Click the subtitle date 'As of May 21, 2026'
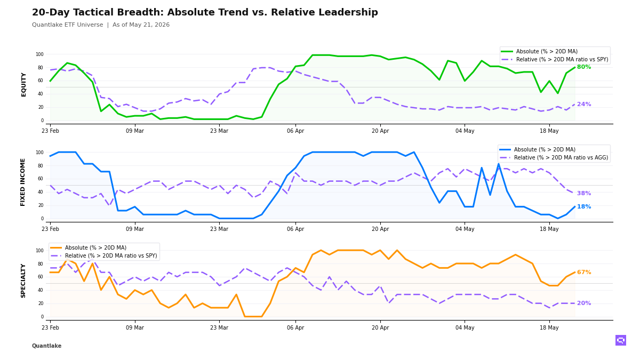click(141, 25)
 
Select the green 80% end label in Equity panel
click(584, 67)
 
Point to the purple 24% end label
click(584, 105)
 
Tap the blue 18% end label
click(584, 206)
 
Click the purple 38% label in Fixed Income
click(584, 193)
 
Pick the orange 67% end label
click(584, 273)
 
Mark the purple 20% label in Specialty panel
click(584, 303)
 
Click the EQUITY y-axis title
click(23, 85)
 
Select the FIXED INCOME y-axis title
click(22, 182)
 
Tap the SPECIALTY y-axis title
click(23, 281)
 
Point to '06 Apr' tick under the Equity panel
click(295, 131)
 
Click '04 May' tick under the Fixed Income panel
click(465, 229)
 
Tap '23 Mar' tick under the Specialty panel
click(219, 327)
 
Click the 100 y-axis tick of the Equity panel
click(39, 54)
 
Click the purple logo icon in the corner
click(621, 340)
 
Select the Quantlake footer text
click(46, 346)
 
